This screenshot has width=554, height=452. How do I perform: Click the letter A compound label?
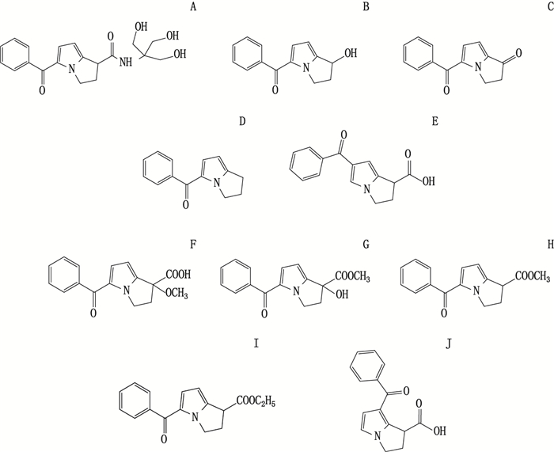point(194,8)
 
